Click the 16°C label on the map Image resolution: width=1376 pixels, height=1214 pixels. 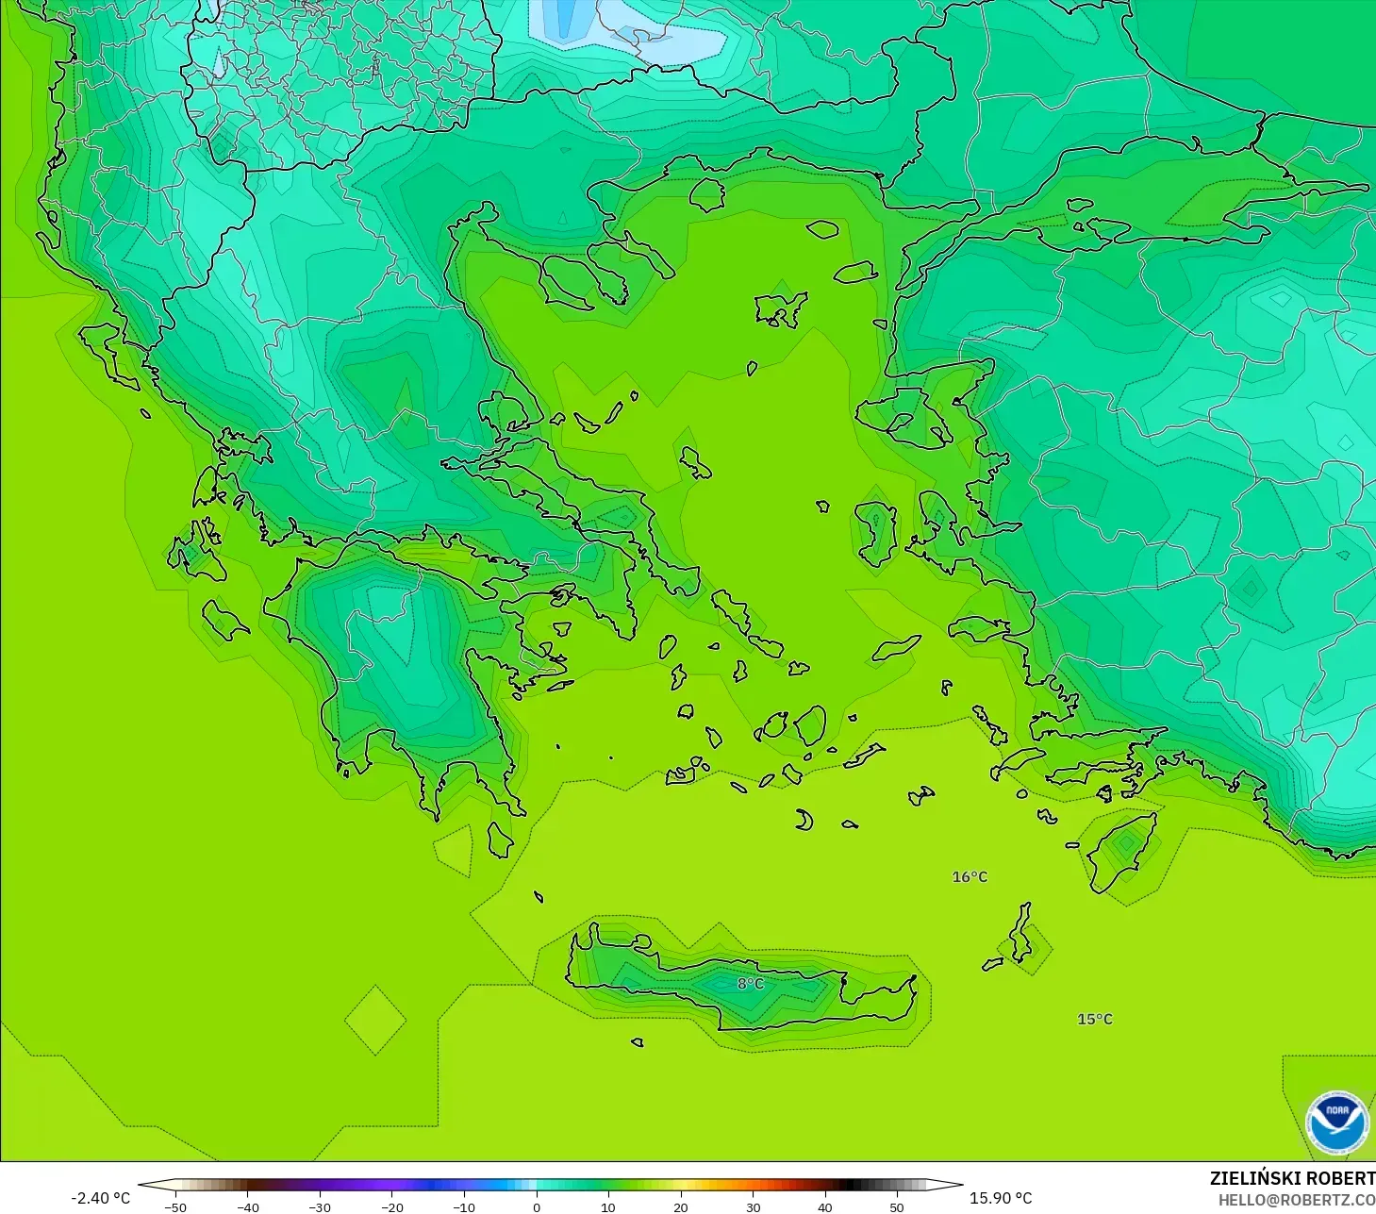[x=970, y=877]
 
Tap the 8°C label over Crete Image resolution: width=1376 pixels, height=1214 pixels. [x=751, y=984]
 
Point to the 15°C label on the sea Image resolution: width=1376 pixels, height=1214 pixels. [x=1095, y=1020]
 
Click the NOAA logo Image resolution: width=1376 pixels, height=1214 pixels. [x=1336, y=1123]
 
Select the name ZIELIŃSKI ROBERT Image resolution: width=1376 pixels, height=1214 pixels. [x=1291, y=1179]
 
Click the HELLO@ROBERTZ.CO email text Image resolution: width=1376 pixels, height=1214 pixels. [x=1296, y=1201]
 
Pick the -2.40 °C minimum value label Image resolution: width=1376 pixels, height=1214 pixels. [x=100, y=1198]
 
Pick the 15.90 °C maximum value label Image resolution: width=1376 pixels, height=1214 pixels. [x=1001, y=1198]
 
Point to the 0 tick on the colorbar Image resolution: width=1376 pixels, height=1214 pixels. [x=536, y=1207]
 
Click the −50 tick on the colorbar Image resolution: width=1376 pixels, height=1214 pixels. [x=175, y=1207]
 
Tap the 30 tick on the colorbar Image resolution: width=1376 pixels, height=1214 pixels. [x=753, y=1207]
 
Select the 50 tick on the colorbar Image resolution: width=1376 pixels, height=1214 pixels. [x=897, y=1207]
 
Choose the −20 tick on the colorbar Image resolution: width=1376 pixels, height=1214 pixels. [x=391, y=1207]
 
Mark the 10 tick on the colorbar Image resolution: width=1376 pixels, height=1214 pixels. [x=608, y=1207]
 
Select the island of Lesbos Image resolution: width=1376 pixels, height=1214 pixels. [x=901, y=415]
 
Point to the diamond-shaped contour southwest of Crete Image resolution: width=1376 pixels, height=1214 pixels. [x=375, y=1020]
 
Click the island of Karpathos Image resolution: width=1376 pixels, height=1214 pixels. [x=1020, y=933]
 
